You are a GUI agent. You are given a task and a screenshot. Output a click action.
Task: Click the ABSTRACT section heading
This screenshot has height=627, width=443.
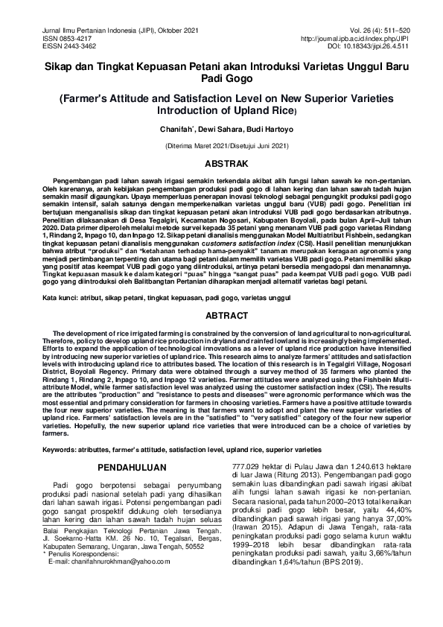(x=221, y=316)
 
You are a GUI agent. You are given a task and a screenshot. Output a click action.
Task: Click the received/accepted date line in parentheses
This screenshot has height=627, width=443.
(x=221, y=146)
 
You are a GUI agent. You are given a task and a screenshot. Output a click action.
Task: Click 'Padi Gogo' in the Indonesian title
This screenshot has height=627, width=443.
(x=221, y=77)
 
